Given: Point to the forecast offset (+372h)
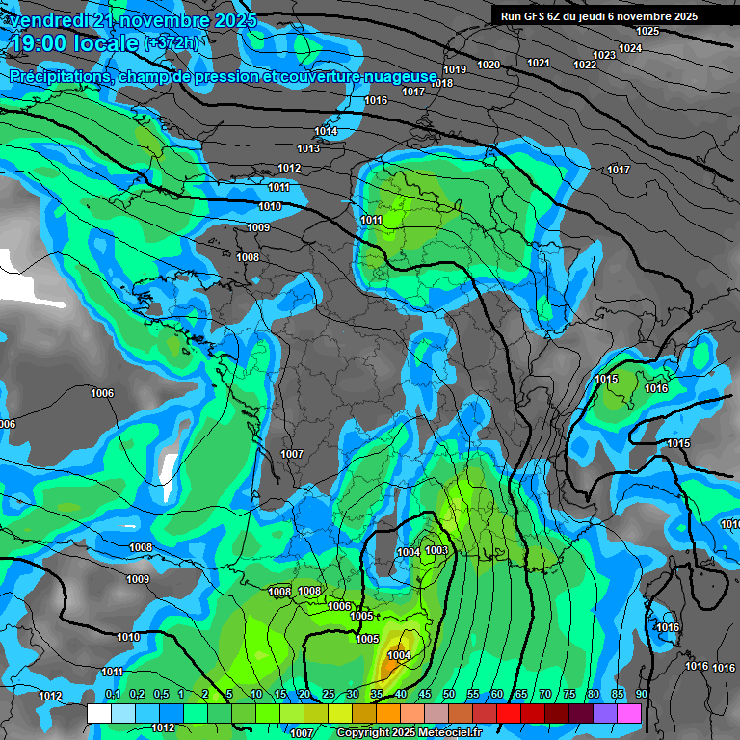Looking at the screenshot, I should tap(171, 43).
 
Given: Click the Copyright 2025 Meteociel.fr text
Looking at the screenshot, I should tap(408, 732).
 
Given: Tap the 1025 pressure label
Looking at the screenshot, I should tap(647, 31).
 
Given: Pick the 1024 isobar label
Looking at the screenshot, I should tap(630, 48).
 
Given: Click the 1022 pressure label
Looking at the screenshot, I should tap(585, 65).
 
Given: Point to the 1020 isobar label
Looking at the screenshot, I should tap(489, 65).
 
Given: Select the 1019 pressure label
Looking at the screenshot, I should tap(455, 69).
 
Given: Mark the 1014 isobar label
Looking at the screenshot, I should tap(326, 131).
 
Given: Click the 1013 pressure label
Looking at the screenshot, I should tap(308, 148).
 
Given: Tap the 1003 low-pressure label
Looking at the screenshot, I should tap(436, 550).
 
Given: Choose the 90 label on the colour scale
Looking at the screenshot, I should tap(641, 694).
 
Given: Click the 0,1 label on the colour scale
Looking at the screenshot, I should tap(112, 694).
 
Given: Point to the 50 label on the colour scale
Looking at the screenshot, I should tap(449, 694).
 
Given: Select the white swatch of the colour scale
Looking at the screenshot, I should tap(98, 713).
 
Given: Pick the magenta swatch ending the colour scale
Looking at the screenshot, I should tap(628, 713).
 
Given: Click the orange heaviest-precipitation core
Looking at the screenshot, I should tap(392, 663).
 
